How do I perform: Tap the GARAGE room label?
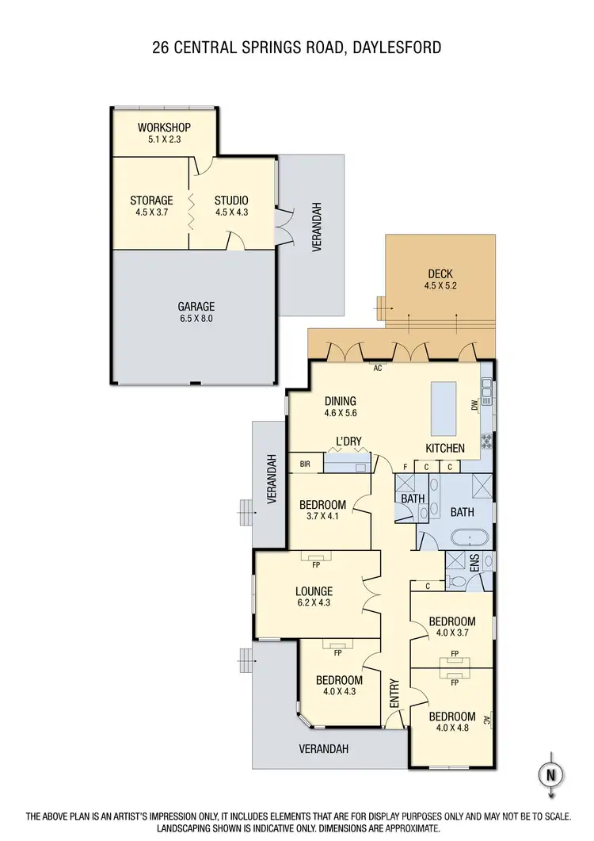pyautogui.click(x=196, y=312)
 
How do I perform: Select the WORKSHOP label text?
pyautogui.click(x=164, y=128)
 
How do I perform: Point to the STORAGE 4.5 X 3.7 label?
pyautogui.click(x=151, y=206)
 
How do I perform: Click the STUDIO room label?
pyautogui.click(x=231, y=206)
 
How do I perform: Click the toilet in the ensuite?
pyautogui.click(x=457, y=582)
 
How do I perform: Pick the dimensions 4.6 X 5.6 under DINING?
pyautogui.click(x=341, y=413)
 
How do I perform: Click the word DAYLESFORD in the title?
pyautogui.click(x=393, y=48)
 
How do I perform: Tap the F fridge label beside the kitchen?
pyautogui.click(x=406, y=467)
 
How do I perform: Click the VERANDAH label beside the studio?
pyautogui.click(x=315, y=227)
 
